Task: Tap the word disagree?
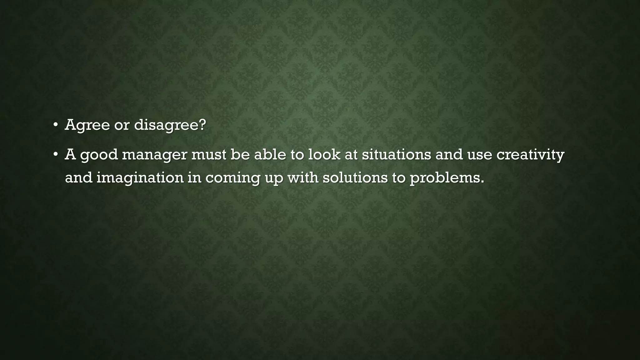pos(170,125)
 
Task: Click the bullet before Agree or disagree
pos(55,125)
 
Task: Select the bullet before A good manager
pos(55,154)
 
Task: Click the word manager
pos(154,155)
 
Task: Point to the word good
pos(99,155)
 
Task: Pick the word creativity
pos(530,155)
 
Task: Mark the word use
pos(480,155)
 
